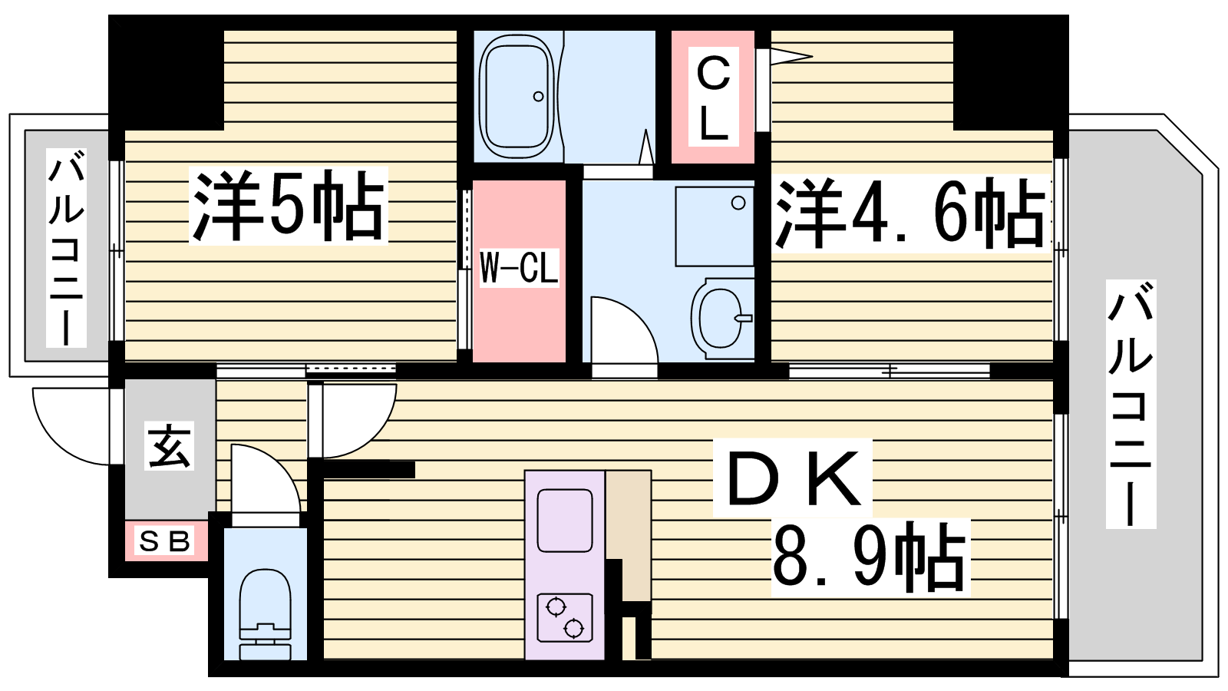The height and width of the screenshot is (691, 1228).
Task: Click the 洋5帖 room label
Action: pyautogui.click(x=289, y=205)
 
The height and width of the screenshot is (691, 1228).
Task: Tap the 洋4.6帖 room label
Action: pyautogui.click(x=910, y=213)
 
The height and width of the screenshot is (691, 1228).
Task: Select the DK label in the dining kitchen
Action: pyautogui.click(x=793, y=477)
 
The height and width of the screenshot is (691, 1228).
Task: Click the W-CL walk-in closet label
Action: pyautogui.click(x=519, y=268)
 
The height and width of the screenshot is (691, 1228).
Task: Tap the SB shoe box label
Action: pyautogui.click(x=164, y=541)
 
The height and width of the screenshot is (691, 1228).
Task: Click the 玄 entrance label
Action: pyautogui.click(x=169, y=446)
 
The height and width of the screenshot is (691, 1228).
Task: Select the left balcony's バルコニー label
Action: pyautogui.click(x=66, y=248)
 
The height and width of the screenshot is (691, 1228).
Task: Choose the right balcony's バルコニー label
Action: pyautogui.click(x=1131, y=404)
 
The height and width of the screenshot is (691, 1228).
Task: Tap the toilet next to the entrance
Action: pyautogui.click(x=266, y=614)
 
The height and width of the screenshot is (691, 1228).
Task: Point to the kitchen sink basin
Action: pyautogui.click(x=565, y=521)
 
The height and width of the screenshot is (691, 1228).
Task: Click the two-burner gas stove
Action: pyautogui.click(x=565, y=617)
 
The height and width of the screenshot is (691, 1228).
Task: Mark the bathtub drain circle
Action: pyautogui.click(x=538, y=97)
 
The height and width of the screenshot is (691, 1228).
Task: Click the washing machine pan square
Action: pyautogui.click(x=715, y=226)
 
